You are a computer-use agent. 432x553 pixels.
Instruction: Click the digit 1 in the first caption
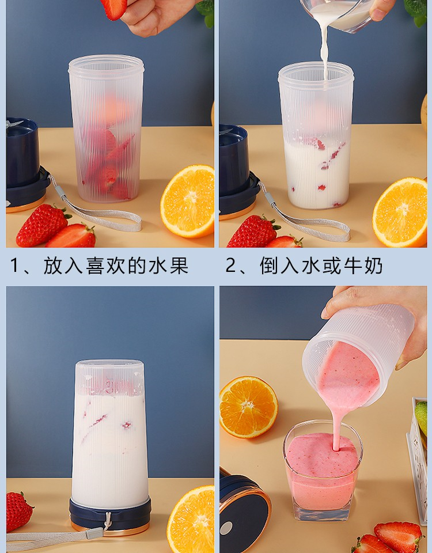pyautogui.click(x=14, y=265)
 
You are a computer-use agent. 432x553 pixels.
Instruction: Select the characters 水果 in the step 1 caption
pyautogui.click(x=168, y=266)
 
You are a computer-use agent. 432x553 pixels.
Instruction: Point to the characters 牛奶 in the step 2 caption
pyautogui.click(x=363, y=266)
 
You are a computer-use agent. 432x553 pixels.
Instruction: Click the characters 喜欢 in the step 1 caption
pyautogui.click(x=106, y=266)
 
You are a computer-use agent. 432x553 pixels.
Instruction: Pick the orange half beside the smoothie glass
pyautogui.click(x=248, y=407)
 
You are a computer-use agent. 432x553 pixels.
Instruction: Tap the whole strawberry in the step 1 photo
pyautogui.click(x=42, y=225)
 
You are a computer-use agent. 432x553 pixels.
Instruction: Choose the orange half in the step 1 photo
pyautogui.click(x=188, y=201)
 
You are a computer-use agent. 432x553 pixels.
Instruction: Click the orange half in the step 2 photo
pyautogui.click(x=400, y=212)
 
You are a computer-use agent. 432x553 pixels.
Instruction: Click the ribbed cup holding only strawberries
pyautogui.click(x=107, y=128)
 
